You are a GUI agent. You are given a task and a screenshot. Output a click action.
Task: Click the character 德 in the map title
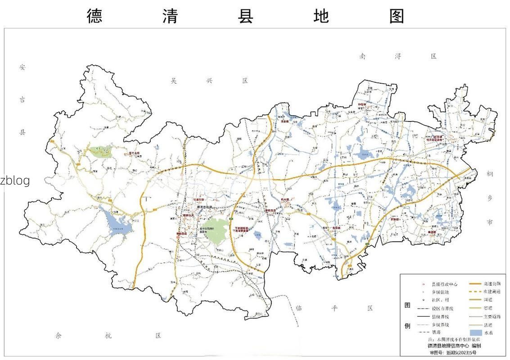[x=95, y=16]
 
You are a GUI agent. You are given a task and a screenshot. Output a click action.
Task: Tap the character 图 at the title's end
[x=397, y=16]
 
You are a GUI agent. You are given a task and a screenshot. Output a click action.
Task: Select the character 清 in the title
[x=170, y=16]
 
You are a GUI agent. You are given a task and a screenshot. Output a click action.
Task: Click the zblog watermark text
[x=15, y=180]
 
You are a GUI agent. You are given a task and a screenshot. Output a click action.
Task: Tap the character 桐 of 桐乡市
[x=490, y=174]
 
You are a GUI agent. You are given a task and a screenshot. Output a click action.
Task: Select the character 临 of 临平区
[x=298, y=308]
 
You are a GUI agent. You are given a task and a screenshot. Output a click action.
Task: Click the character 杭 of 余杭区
[x=108, y=336]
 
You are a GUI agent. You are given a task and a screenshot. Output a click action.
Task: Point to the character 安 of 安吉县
[x=23, y=67]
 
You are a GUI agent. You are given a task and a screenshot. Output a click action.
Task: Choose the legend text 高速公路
[x=492, y=284]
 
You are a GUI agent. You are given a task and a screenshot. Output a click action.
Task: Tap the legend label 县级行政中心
[x=445, y=284]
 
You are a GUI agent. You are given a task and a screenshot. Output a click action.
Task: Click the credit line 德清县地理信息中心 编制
[x=454, y=346]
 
